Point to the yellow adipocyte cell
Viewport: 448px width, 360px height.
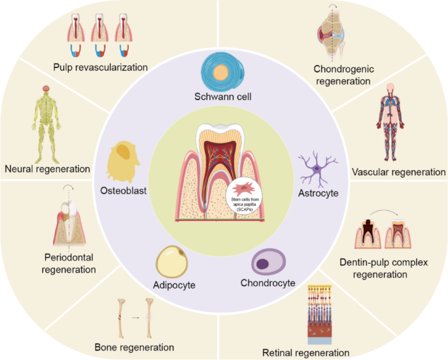coord(174,262)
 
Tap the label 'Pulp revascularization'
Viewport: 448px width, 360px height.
coord(101,67)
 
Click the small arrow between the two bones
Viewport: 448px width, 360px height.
coord(135,317)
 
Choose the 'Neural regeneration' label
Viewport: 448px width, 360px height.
coord(46,169)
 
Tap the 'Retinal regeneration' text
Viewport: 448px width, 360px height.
coord(305,353)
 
